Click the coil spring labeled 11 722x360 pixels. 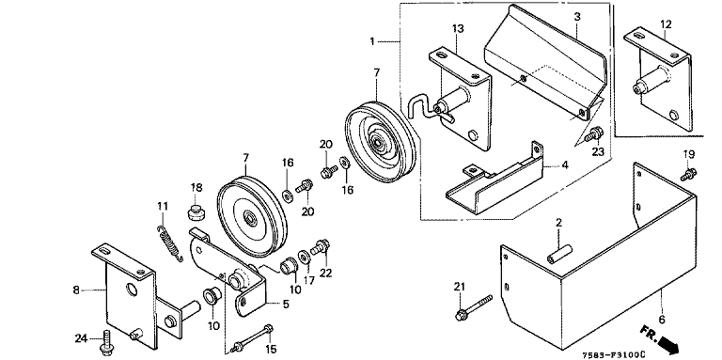coord(170,243)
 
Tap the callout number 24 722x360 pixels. coord(81,338)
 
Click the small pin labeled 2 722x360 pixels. coord(559,254)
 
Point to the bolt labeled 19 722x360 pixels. coord(689,175)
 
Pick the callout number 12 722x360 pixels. coord(666,23)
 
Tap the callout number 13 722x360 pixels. coord(457,29)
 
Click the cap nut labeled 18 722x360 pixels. coord(196,212)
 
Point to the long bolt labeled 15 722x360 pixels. coord(253,338)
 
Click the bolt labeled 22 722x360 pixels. coord(320,247)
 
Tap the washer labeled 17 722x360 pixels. coord(304,256)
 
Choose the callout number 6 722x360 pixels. coord(662,319)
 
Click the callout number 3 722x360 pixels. coord(577,17)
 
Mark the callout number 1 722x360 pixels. coord(372,41)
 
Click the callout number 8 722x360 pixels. coord(76,290)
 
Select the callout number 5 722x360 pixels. coord(286,304)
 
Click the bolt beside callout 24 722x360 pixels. coord(108,341)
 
